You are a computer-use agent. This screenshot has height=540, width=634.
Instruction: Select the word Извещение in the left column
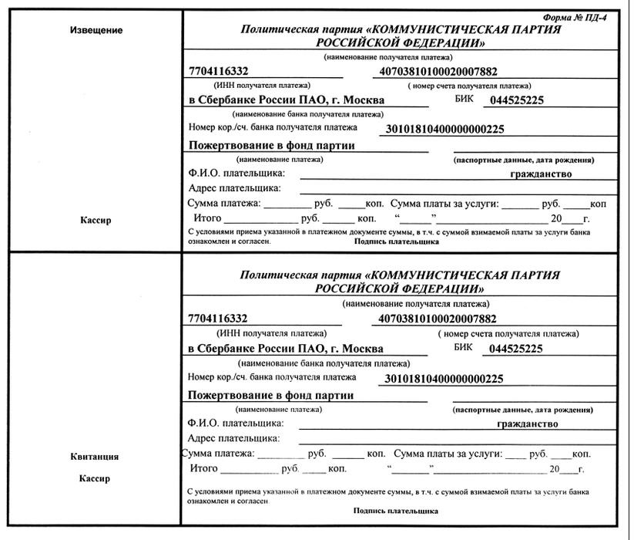pos(96,30)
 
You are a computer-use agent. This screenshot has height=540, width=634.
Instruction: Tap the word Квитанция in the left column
pos(96,457)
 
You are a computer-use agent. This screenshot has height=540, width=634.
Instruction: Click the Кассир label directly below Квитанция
pos(95,478)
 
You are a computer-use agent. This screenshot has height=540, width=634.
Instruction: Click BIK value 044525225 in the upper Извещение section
pos(516,100)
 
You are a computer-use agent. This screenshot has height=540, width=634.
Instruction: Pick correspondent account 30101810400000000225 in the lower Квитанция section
pos(443,379)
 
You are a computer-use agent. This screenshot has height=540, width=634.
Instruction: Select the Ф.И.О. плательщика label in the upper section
pos(236,174)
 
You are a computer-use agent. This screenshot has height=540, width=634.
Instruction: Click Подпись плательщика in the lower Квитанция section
pos(396,511)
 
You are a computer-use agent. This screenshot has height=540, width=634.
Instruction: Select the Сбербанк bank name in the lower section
pos(286,349)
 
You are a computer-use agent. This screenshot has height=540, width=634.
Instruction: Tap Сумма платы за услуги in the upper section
pos(445,204)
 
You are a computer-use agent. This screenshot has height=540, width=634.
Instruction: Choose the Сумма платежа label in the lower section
pos(218,454)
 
